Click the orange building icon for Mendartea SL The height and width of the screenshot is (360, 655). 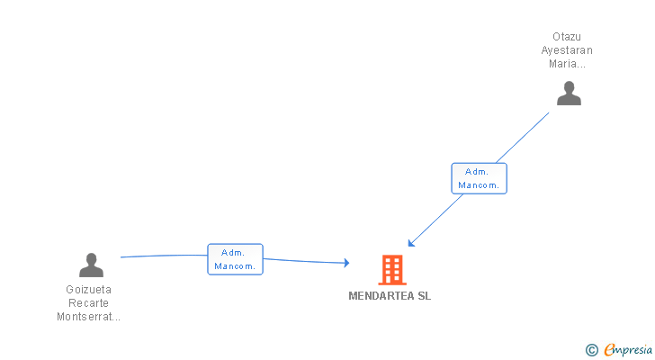click(391, 269)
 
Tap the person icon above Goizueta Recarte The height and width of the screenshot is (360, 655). click(91, 265)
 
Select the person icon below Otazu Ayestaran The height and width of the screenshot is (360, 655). click(569, 93)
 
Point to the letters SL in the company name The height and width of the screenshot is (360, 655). click(424, 296)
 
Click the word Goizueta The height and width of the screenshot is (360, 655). click(89, 290)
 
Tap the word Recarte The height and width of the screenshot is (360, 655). click(89, 303)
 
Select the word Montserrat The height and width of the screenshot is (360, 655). click(87, 317)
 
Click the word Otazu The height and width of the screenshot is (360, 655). click(567, 37)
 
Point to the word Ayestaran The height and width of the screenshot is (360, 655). click(567, 50)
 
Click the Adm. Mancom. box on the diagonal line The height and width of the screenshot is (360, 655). click(479, 178)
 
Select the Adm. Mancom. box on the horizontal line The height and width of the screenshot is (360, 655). click(235, 259)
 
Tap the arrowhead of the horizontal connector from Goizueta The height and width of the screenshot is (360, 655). click(345, 263)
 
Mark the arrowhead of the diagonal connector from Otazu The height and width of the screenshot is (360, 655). click(410, 242)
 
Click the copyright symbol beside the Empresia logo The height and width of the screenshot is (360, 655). click(591, 350)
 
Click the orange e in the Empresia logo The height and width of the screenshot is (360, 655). click(609, 350)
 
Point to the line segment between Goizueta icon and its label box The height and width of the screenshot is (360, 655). click(162, 256)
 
